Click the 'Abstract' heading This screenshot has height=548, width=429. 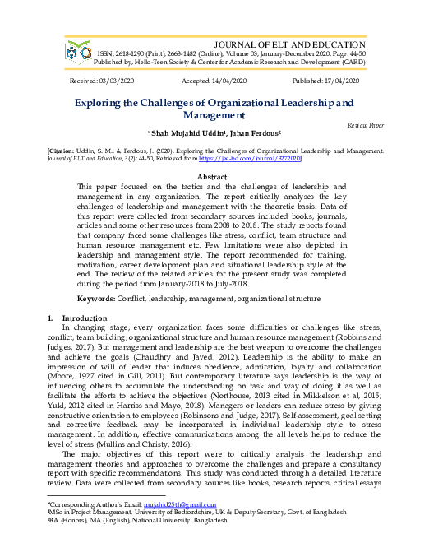click(x=214, y=177)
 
